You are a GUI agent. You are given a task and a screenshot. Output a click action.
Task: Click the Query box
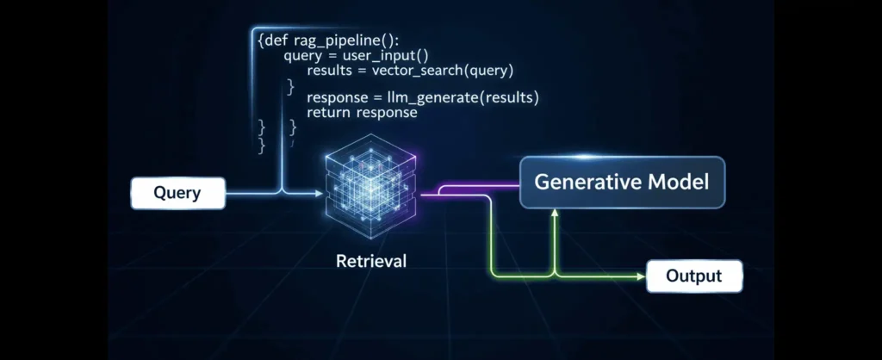(x=177, y=193)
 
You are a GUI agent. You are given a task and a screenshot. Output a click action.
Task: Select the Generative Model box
(x=621, y=183)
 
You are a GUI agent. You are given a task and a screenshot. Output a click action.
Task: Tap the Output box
(x=693, y=276)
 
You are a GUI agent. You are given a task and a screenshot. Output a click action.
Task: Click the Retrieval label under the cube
(x=370, y=260)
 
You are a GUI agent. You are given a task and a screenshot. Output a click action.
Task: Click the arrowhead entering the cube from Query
(x=320, y=193)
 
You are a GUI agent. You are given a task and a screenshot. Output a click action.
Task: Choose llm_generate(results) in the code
(x=466, y=98)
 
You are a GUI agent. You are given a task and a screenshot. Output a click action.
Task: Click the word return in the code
(x=328, y=113)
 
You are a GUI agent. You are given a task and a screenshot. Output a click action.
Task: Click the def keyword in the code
(x=275, y=40)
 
